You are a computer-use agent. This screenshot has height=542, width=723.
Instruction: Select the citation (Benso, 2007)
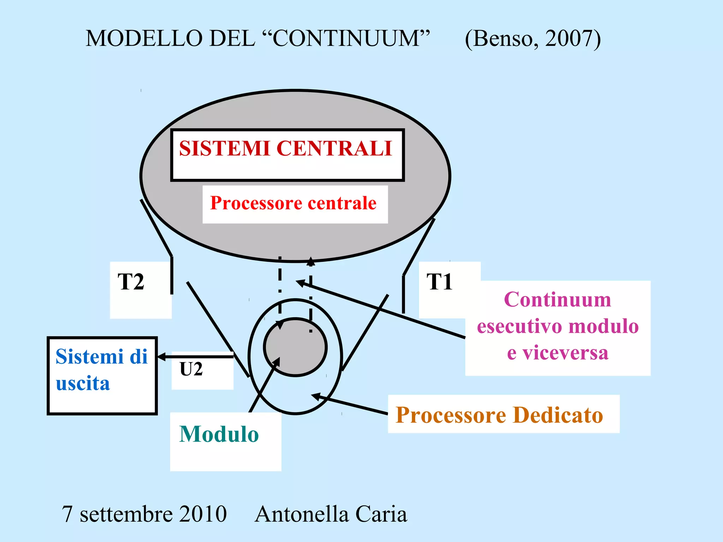tap(532, 39)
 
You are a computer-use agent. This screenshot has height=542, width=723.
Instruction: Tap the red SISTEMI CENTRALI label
tap(286, 148)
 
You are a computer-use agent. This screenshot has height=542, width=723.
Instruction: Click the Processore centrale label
tap(293, 203)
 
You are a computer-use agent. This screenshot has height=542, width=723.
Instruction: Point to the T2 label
tap(131, 282)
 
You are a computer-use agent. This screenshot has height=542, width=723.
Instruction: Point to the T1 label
tap(440, 282)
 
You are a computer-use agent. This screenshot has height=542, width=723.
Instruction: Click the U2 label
tap(191, 369)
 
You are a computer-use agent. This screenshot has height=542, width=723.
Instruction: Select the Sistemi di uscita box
tap(102, 375)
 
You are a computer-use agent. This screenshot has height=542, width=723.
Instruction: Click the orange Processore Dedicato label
tap(499, 415)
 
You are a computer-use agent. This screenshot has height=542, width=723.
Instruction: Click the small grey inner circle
tap(295, 347)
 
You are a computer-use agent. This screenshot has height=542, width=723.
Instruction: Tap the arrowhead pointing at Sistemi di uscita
tap(161, 357)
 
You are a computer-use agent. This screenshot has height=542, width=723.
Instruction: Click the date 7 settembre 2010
tap(144, 514)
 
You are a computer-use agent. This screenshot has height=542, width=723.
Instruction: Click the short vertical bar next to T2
tap(172, 275)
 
